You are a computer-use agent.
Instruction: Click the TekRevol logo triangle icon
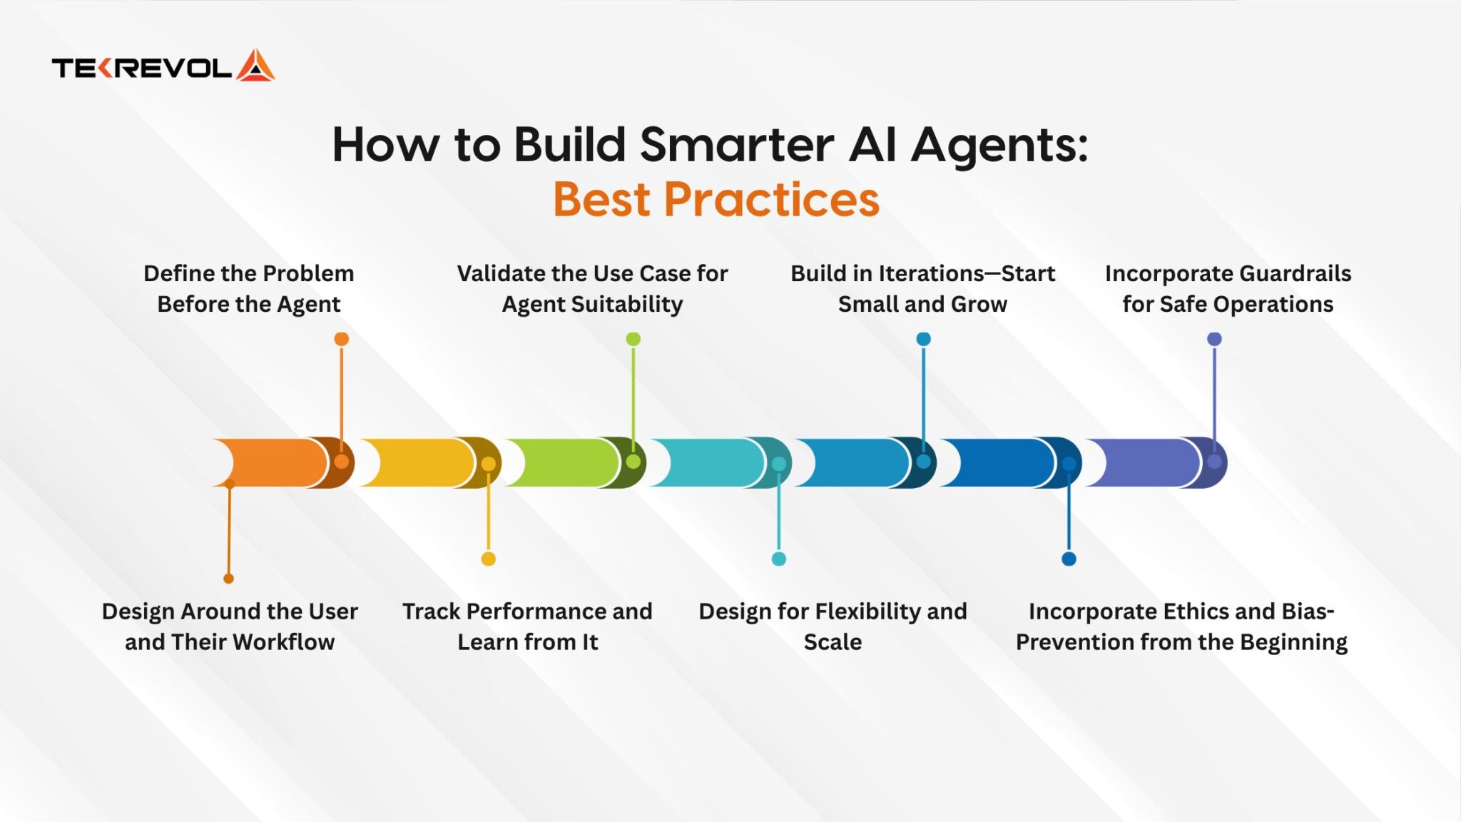(x=255, y=66)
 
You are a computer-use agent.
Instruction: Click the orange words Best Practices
(x=716, y=199)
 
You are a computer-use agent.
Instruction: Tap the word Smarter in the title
(x=737, y=145)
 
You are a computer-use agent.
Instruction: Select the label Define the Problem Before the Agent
(x=249, y=288)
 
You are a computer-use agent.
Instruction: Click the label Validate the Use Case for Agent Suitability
(x=592, y=288)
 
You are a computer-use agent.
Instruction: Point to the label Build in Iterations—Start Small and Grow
(x=922, y=288)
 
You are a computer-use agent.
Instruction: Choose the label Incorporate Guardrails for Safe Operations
(x=1228, y=288)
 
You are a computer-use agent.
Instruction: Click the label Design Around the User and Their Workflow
(x=230, y=626)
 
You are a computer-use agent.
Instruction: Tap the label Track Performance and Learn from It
(x=527, y=626)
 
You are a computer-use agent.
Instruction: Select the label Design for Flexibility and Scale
(x=833, y=626)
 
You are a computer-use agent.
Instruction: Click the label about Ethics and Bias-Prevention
(x=1181, y=626)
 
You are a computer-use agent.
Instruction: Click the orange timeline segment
(x=282, y=462)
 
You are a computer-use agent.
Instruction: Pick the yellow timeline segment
(x=428, y=462)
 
